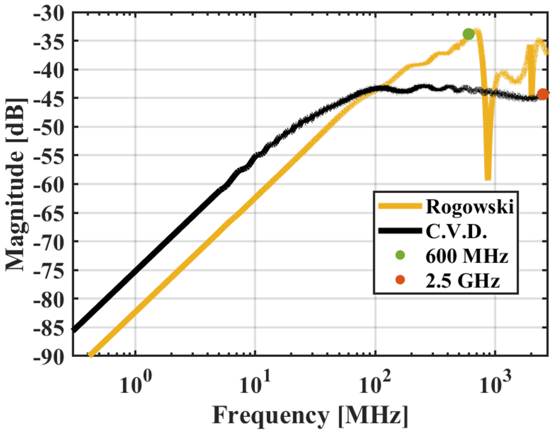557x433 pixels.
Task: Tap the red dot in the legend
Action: (401, 280)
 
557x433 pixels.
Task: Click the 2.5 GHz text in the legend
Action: (462, 280)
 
